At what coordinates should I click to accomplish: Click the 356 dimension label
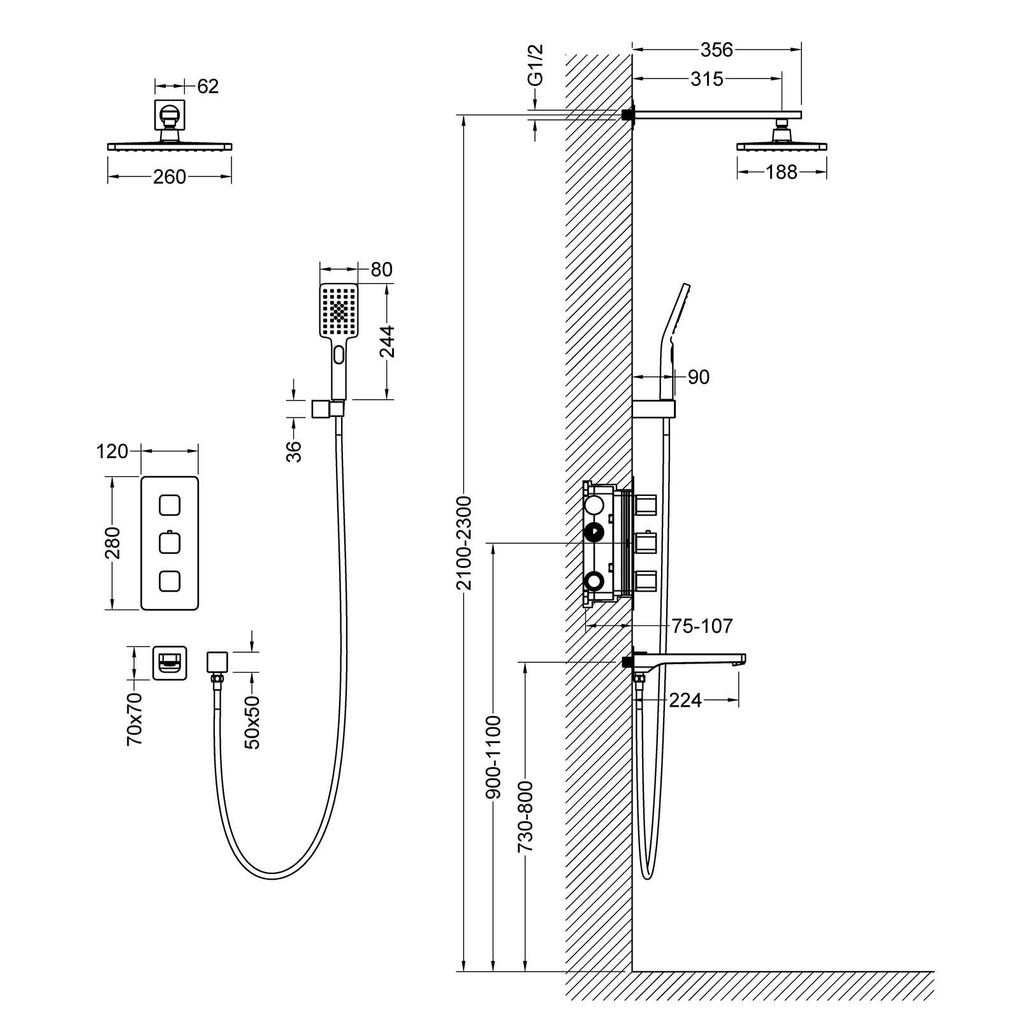(717, 49)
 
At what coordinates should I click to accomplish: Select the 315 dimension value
(707, 79)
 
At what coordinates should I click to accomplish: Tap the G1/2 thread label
(536, 65)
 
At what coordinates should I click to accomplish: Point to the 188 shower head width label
(782, 172)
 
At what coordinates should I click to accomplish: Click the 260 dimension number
(170, 177)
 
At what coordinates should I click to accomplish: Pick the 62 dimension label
(208, 86)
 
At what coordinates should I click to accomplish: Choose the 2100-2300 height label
(464, 543)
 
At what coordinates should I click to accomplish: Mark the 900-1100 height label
(494, 757)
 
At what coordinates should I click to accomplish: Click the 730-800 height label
(525, 817)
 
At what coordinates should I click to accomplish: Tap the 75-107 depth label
(702, 626)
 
